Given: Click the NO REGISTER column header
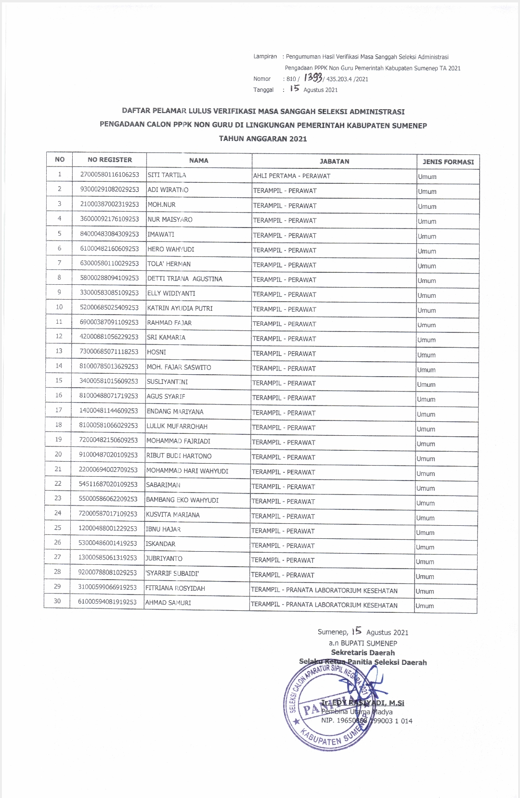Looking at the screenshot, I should tap(110, 160).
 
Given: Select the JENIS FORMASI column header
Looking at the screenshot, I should tap(448, 162).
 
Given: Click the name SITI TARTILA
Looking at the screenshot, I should tap(167, 175).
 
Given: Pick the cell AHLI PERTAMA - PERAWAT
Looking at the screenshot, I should tap(292, 176).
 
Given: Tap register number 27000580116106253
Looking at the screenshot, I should tap(109, 175).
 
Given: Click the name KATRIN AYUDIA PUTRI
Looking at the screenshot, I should tap(180, 308).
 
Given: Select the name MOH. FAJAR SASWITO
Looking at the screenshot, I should tap(179, 367).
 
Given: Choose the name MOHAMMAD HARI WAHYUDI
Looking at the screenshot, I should tap(187, 471).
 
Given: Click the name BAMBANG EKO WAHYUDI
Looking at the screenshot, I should tap(182, 500).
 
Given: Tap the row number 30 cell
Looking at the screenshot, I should tap(57, 601).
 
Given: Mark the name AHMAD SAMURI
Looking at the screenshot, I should tap(168, 603).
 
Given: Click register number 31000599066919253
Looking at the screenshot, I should tap(107, 587).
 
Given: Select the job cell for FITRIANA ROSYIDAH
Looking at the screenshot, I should tap(324, 591).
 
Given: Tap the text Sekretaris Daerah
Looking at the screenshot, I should tap(363, 653).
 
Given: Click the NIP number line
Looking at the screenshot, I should tap(366, 721).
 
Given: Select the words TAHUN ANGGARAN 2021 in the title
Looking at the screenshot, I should tap(263, 139).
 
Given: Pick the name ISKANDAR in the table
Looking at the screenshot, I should tap(160, 544).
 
